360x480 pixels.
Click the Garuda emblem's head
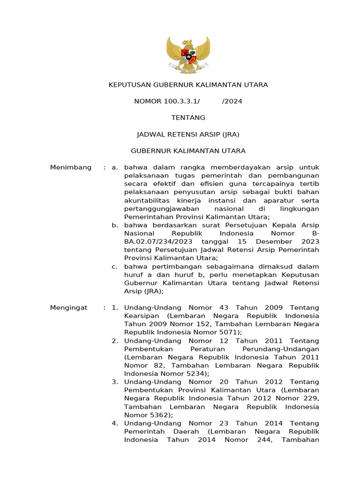[x=187, y=44]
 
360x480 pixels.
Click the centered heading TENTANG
[x=188, y=118]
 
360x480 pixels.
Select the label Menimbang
[x=71, y=167]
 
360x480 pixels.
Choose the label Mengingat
[x=69, y=307]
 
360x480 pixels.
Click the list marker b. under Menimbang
[x=114, y=225]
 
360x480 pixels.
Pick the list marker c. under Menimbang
[x=114, y=266]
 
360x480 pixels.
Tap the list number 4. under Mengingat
[x=114, y=423]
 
